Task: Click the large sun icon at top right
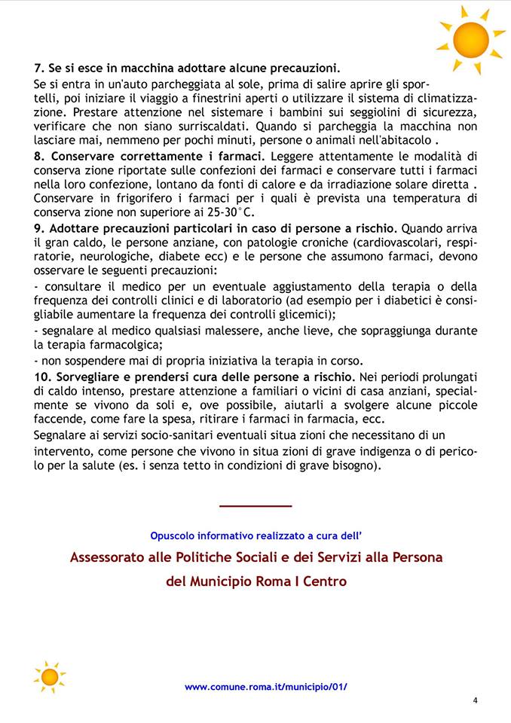pos(471,38)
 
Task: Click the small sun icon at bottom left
pos(50,676)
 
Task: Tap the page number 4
pos(475,700)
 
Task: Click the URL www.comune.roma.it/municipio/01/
pos(265,687)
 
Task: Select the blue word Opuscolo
pos(173,535)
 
